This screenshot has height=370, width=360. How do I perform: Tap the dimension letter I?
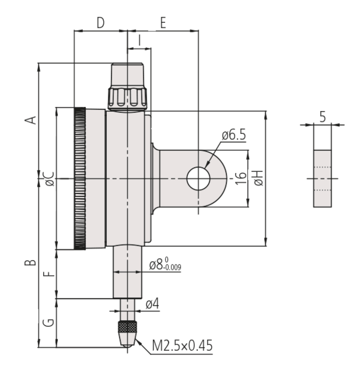tap(139, 40)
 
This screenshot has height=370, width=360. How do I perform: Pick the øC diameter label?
tap(49, 178)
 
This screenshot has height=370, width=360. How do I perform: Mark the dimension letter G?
tap(50, 323)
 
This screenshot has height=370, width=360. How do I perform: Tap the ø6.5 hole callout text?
tap(233, 136)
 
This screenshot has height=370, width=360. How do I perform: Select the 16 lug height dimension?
tap(240, 178)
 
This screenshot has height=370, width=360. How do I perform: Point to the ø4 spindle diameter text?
tap(152, 305)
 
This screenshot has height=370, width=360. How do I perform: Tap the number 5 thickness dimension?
tap(322, 117)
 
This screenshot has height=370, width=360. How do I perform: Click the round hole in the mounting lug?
tap(197, 178)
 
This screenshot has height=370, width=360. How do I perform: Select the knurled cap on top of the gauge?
tap(127, 87)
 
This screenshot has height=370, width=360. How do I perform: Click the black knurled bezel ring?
tap(79, 178)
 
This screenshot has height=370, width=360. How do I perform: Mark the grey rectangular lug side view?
tap(322, 178)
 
